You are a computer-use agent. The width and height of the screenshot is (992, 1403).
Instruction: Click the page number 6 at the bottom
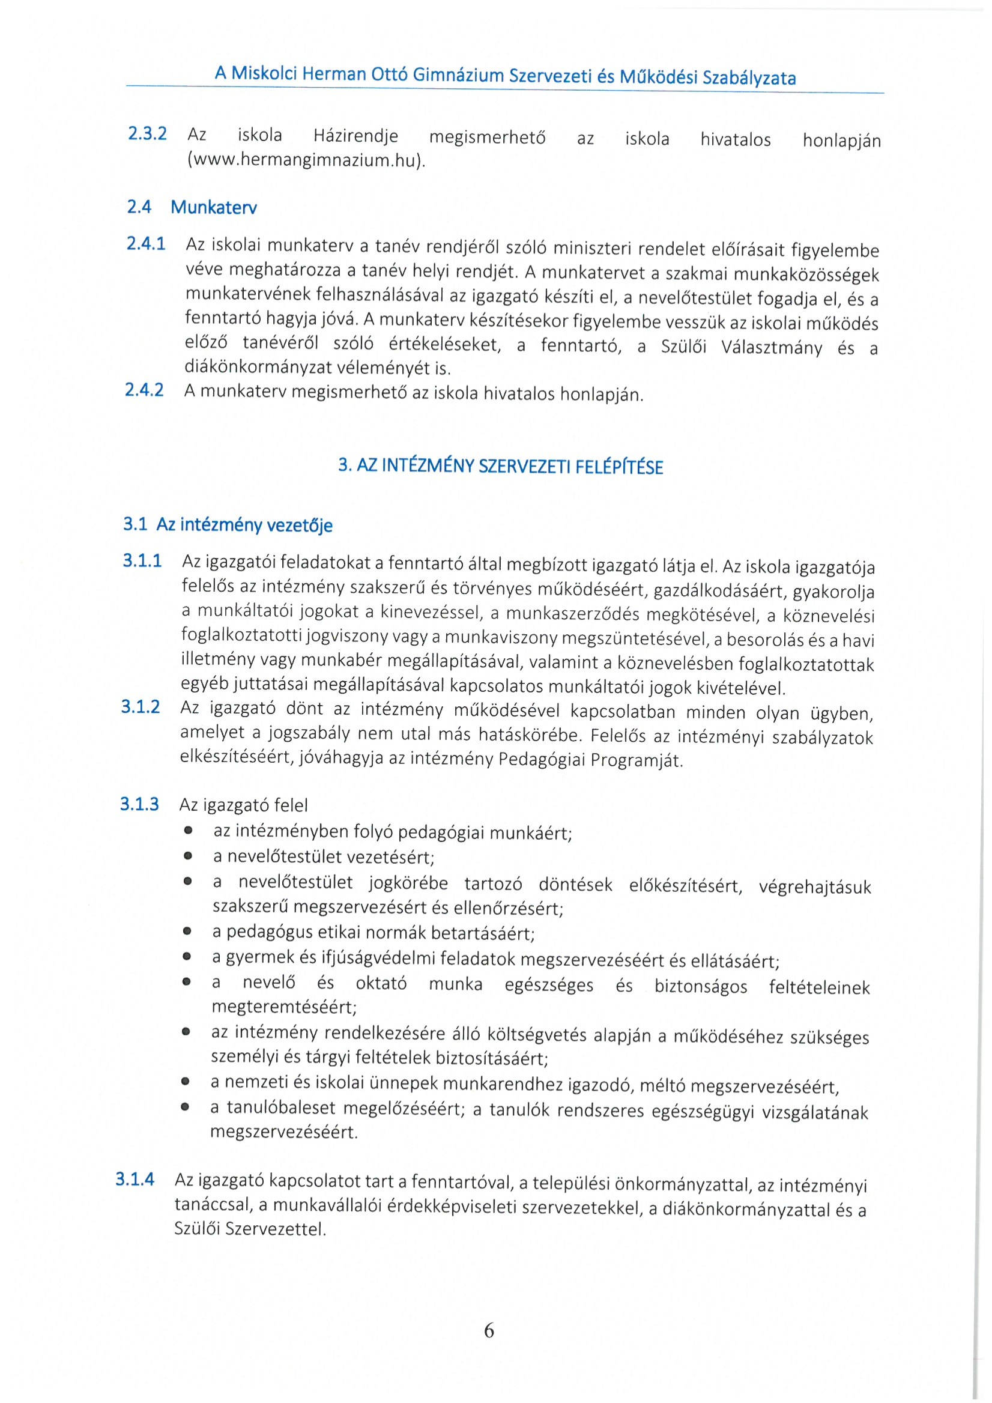[x=489, y=1330]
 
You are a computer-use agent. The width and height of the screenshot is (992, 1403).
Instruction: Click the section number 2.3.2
[x=147, y=133]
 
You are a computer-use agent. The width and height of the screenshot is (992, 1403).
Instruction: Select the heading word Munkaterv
[x=214, y=208]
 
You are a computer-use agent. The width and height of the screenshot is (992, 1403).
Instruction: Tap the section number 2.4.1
[x=145, y=244]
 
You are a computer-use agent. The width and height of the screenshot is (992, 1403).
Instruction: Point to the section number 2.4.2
[x=144, y=390]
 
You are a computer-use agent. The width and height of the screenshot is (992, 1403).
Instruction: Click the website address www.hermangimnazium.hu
[x=306, y=160]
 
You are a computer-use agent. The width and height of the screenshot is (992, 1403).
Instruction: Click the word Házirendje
[x=355, y=136]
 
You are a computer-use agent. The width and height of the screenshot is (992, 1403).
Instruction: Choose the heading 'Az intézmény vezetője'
[x=244, y=525]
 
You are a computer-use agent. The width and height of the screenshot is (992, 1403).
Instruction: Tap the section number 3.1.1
[x=142, y=560]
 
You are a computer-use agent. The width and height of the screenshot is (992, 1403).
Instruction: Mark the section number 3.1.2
[x=141, y=707]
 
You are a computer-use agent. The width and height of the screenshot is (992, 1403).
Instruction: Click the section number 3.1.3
[x=139, y=804]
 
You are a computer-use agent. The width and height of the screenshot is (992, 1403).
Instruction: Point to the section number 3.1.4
[x=135, y=1180]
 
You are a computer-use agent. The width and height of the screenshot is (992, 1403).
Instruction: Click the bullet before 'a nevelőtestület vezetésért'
[x=188, y=856]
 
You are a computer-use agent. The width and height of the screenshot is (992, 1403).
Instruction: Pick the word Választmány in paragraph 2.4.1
[x=772, y=348]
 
